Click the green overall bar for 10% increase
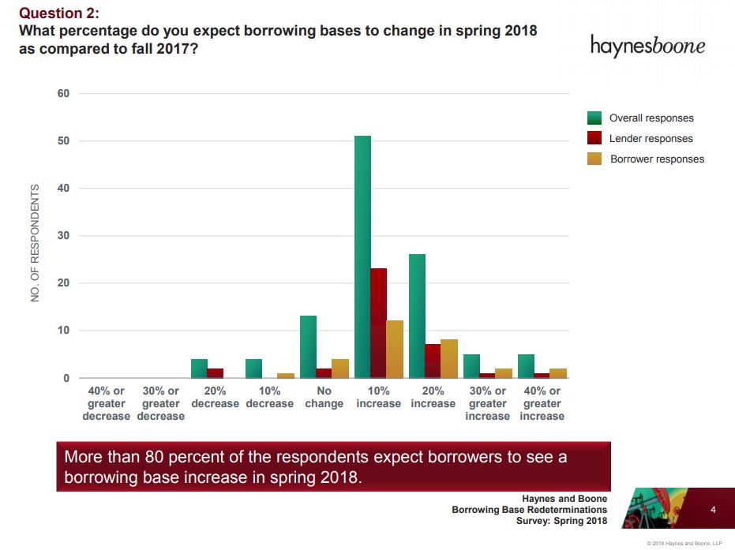click(x=362, y=256)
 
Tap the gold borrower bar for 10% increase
click(x=395, y=349)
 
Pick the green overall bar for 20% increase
click(x=417, y=316)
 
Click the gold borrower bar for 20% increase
click(x=449, y=358)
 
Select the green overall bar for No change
click(x=308, y=346)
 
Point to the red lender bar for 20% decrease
click(x=215, y=373)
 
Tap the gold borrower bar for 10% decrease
click(x=286, y=376)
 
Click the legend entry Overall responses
click(x=651, y=118)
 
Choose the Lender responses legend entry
click(x=651, y=139)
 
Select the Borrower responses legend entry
click(x=656, y=159)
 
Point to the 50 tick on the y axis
click(x=63, y=141)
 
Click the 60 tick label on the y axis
click(x=63, y=94)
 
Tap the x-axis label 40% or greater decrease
click(x=106, y=403)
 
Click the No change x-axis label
click(x=324, y=397)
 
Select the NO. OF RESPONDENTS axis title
click(x=35, y=243)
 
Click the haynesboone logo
click(x=647, y=45)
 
